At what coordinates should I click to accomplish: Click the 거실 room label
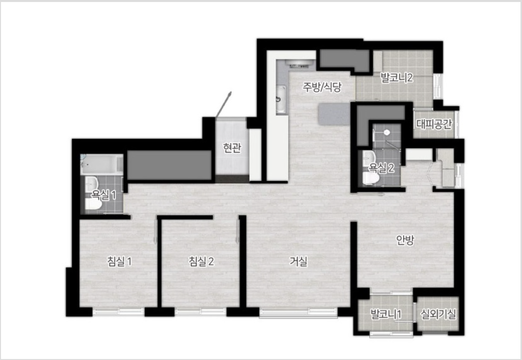click(x=298, y=262)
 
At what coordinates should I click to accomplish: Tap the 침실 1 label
click(x=119, y=262)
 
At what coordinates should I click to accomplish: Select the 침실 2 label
click(x=201, y=262)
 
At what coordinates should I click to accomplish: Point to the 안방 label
click(x=405, y=240)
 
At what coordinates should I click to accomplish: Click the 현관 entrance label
click(x=232, y=148)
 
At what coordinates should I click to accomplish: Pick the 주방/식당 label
click(x=322, y=87)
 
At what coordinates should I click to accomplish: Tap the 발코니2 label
click(x=397, y=78)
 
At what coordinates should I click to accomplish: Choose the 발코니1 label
click(x=386, y=314)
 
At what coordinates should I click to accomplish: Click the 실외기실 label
click(x=438, y=314)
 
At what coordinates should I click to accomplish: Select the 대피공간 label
click(x=434, y=124)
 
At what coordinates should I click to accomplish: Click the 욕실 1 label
click(x=104, y=195)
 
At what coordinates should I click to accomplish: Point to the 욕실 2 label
click(x=381, y=168)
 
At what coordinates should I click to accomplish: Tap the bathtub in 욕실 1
click(x=102, y=164)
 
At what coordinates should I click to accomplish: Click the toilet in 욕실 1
click(x=93, y=204)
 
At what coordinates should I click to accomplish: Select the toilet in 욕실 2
click(x=370, y=178)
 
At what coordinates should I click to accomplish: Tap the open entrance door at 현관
click(x=223, y=104)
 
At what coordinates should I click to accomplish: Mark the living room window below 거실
click(x=298, y=312)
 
